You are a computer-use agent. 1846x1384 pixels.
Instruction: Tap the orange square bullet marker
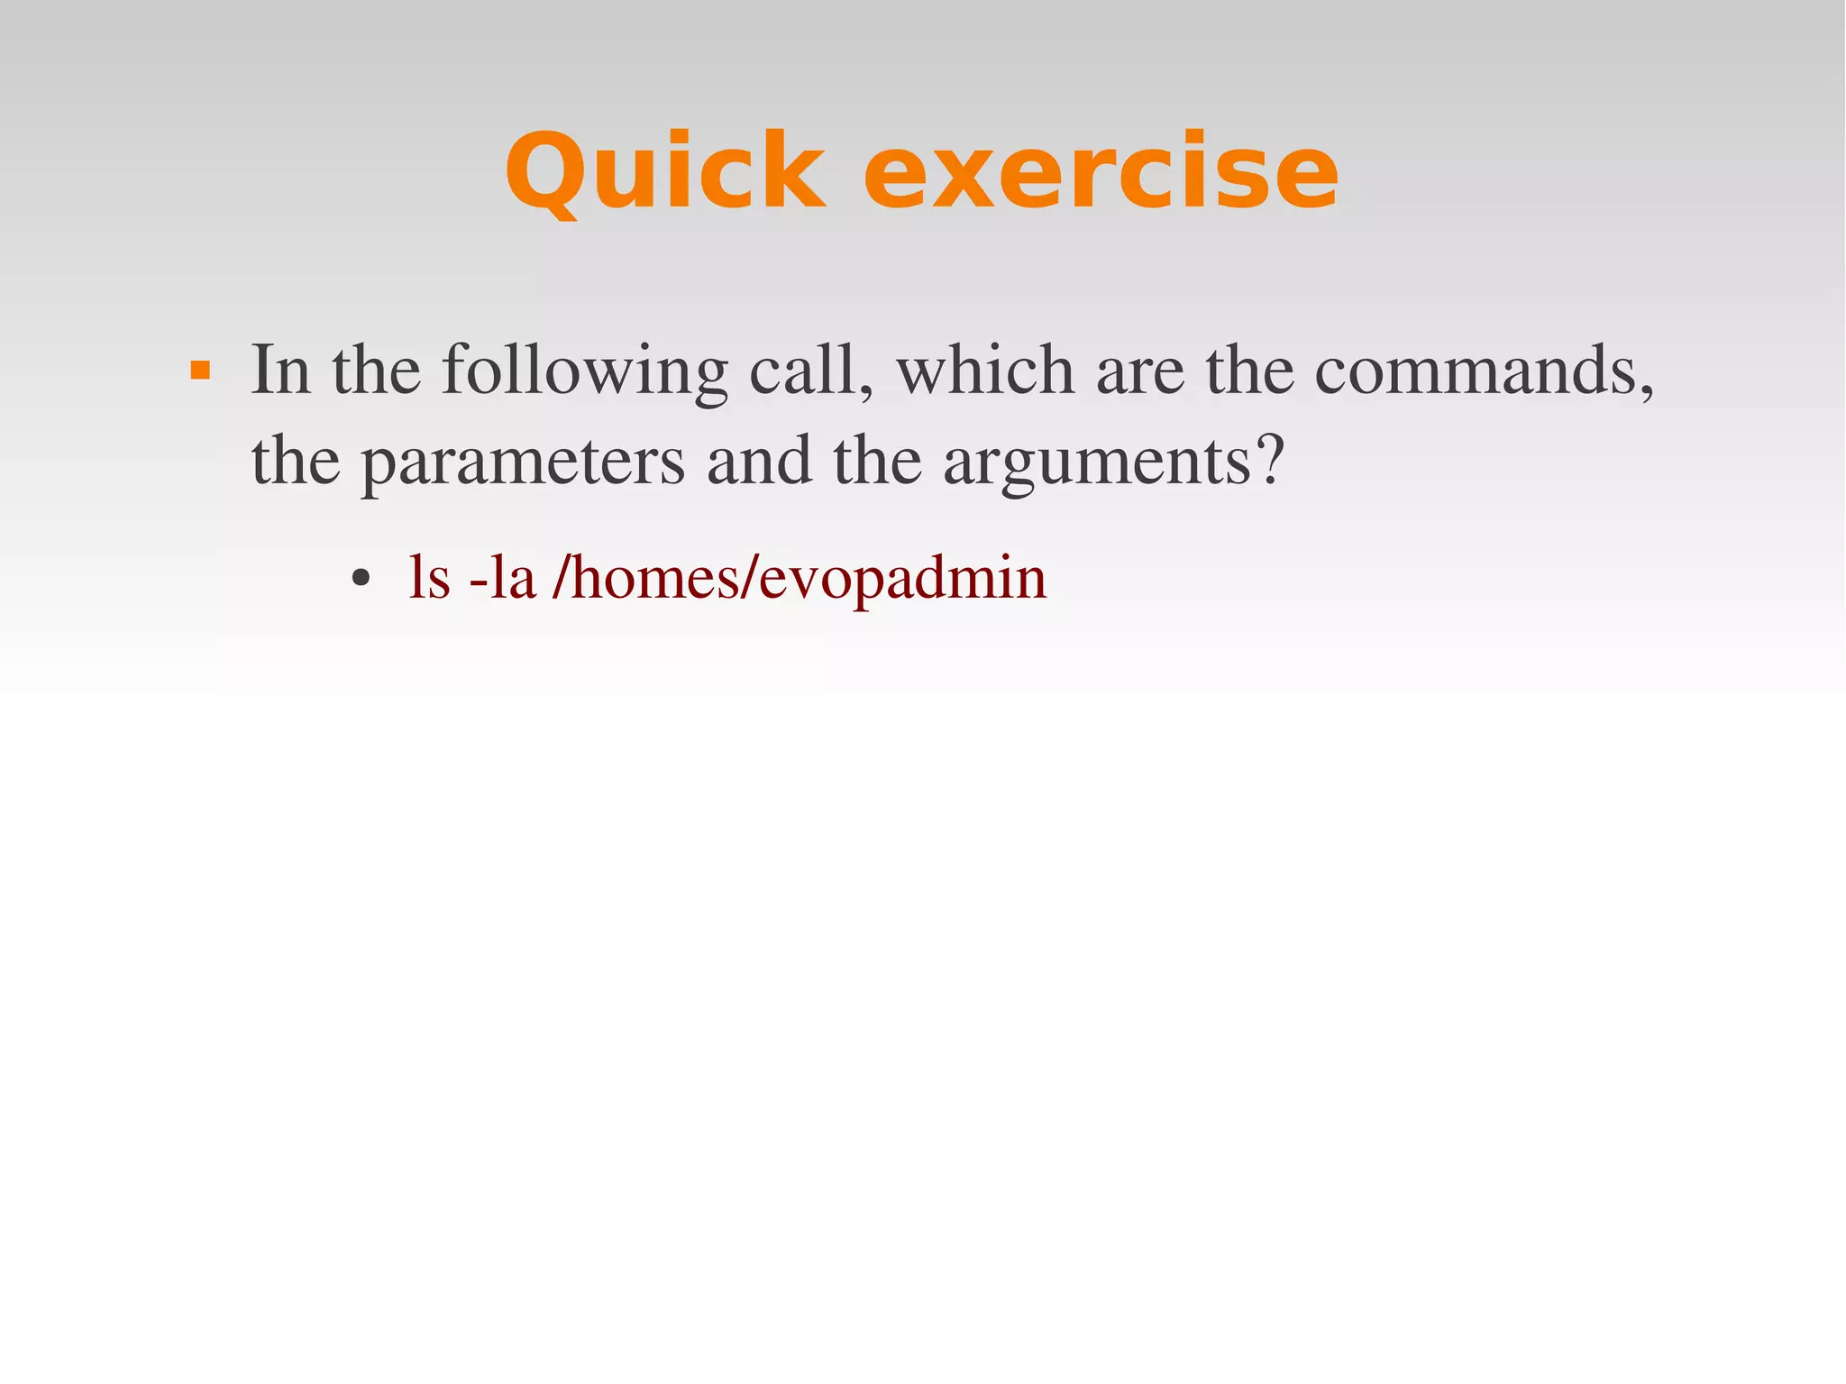(x=200, y=371)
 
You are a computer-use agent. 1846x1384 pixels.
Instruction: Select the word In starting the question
(x=280, y=370)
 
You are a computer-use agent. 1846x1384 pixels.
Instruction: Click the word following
(x=584, y=371)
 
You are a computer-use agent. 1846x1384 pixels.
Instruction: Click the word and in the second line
(x=759, y=462)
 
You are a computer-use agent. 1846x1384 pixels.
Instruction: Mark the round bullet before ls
(x=361, y=580)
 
